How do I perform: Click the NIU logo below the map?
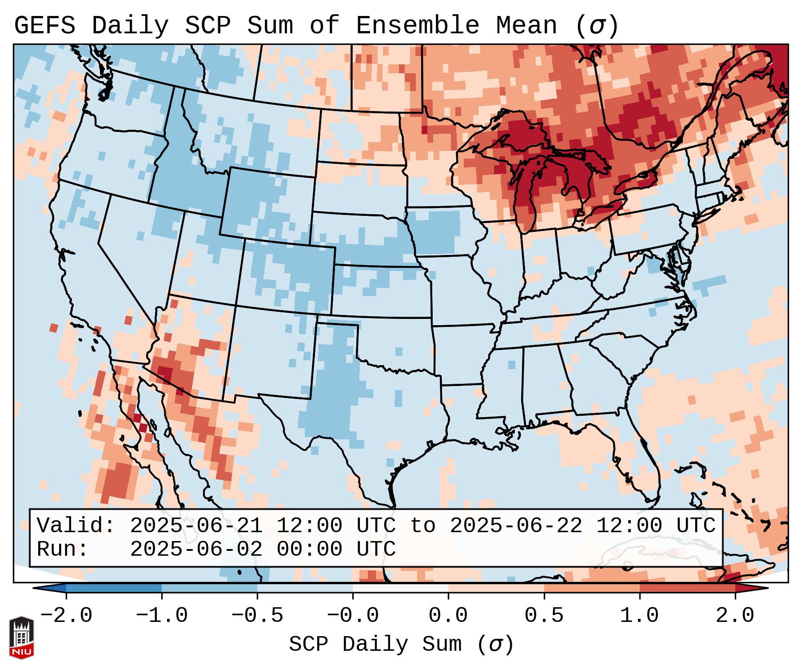pyautogui.click(x=21, y=637)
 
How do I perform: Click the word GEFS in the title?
pyautogui.click(x=44, y=26)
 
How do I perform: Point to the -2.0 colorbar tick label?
pyautogui.click(x=66, y=616)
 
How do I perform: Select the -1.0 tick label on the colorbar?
pyautogui.click(x=162, y=616)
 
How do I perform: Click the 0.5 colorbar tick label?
pyautogui.click(x=544, y=616)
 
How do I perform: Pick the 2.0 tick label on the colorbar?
pyautogui.click(x=735, y=616)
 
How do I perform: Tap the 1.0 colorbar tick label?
pyautogui.click(x=640, y=616)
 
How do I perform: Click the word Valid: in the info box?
pyautogui.click(x=76, y=526)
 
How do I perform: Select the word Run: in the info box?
pyautogui.click(x=63, y=549)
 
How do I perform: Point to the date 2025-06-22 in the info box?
pyautogui.click(x=516, y=526)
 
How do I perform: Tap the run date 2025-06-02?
pyautogui.click(x=196, y=549)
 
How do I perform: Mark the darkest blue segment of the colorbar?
pyautogui.click(x=114, y=588)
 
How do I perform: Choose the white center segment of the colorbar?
pyautogui.click(x=400, y=588)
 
